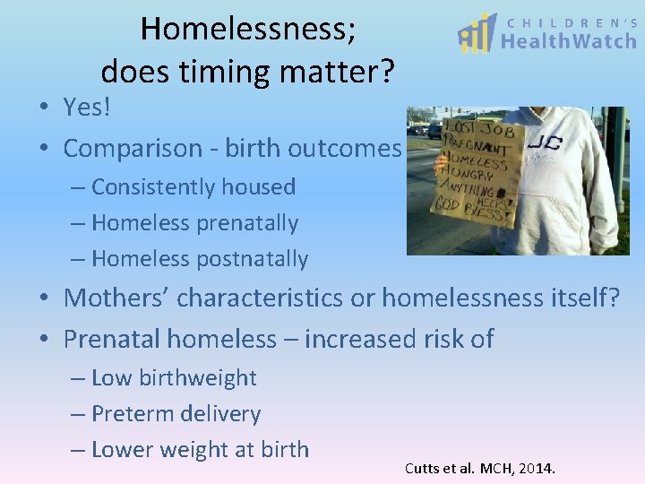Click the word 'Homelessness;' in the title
click(248, 29)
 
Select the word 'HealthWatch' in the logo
click(568, 42)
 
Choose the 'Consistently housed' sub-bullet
click(193, 187)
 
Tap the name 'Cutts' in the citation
click(422, 468)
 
